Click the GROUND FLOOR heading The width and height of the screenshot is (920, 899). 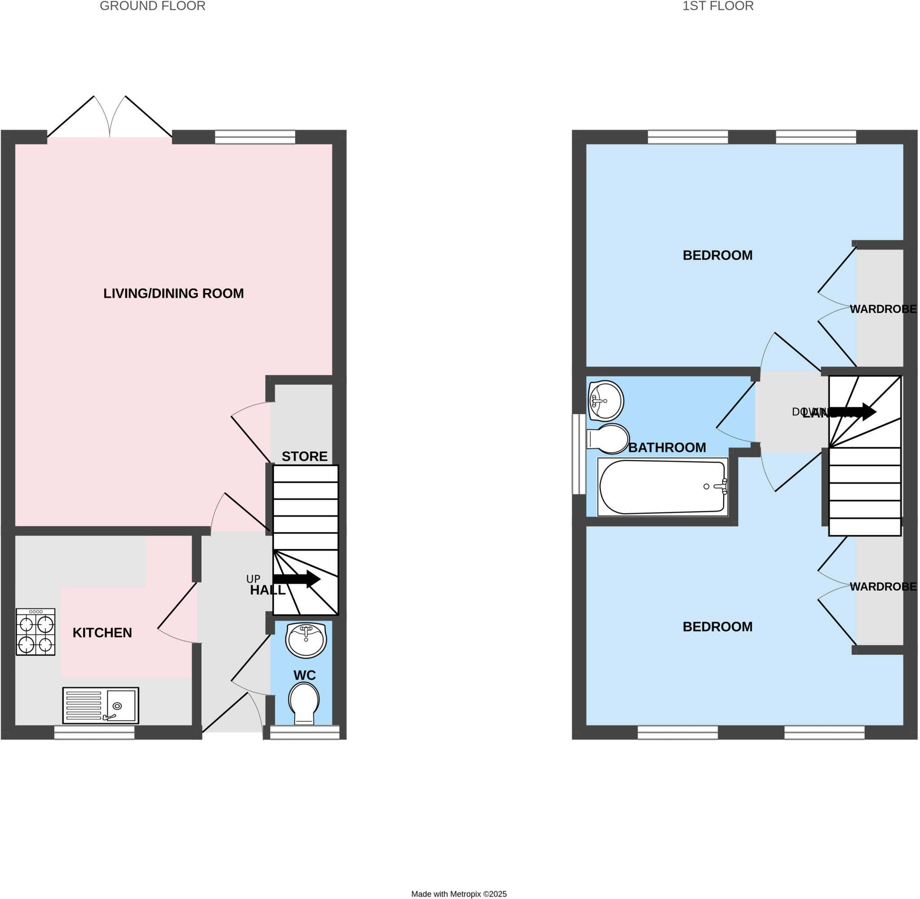pyautogui.click(x=153, y=6)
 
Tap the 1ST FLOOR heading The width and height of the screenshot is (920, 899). pyautogui.click(x=718, y=6)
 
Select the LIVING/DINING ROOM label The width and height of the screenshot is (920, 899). pyautogui.click(x=173, y=293)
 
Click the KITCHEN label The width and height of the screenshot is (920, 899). pyautogui.click(x=102, y=633)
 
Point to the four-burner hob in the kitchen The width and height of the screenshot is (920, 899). pyautogui.click(x=35, y=632)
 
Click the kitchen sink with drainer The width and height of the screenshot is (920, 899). pyautogui.click(x=101, y=705)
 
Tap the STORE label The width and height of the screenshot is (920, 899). pyautogui.click(x=305, y=456)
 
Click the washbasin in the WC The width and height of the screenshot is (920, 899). pyautogui.click(x=306, y=640)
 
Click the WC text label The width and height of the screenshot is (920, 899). pyautogui.click(x=305, y=675)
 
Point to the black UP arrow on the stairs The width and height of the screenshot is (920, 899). pyautogui.click(x=296, y=579)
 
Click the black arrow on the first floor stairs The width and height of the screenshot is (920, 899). pyautogui.click(x=853, y=411)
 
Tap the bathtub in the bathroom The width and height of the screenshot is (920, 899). pyautogui.click(x=663, y=487)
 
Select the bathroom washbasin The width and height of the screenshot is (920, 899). pyautogui.click(x=606, y=401)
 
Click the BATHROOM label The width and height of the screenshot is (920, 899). pyautogui.click(x=667, y=447)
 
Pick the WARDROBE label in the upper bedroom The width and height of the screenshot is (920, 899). pyautogui.click(x=883, y=309)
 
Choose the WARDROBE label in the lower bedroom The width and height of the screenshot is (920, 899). pyautogui.click(x=883, y=586)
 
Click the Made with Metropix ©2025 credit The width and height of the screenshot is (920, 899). pyautogui.click(x=459, y=894)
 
